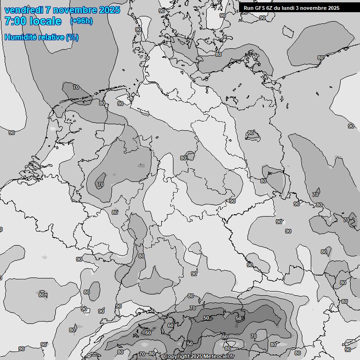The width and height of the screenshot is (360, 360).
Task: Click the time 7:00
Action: pyautogui.click(x=15, y=21)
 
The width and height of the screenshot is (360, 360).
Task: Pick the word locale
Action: pyautogui.click(x=45, y=21)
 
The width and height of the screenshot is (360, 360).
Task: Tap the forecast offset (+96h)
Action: pyautogui.click(x=81, y=21)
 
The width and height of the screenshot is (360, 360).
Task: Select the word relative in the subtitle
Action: pyautogui.click(x=51, y=37)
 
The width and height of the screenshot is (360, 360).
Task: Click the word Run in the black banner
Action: pyautogui.click(x=248, y=8)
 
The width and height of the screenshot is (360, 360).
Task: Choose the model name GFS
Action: pyautogui.click(x=260, y=8)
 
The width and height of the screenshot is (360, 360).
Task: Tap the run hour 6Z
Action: pyautogui.click(x=270, y=8)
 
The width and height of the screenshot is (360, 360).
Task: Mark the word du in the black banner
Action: pyautogui.click(x=278, y=8)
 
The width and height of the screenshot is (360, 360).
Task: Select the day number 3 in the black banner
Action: pyautogui.click(x=299, y=8)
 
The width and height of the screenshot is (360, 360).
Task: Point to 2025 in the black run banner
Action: pyautogui.click(x=333, y=8)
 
